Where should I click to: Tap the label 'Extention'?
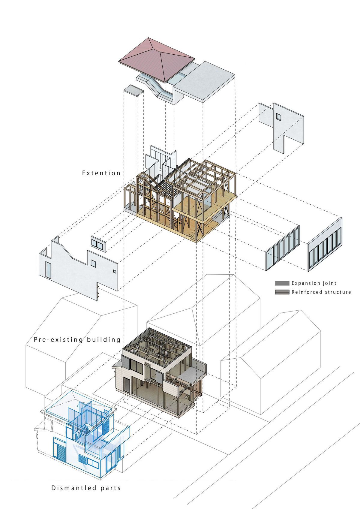pos(101,173)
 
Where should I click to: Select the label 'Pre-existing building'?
pos(77,339)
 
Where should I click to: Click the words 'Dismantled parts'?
pos(86,488)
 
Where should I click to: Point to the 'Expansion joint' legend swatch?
pos(282,283)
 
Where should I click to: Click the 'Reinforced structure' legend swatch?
pos(282,292)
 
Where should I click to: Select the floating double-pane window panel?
pos(99,244)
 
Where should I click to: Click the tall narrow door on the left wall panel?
pos(48,270)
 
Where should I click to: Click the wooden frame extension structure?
pos(180,198)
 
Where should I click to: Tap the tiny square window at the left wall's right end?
pos(114,272)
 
